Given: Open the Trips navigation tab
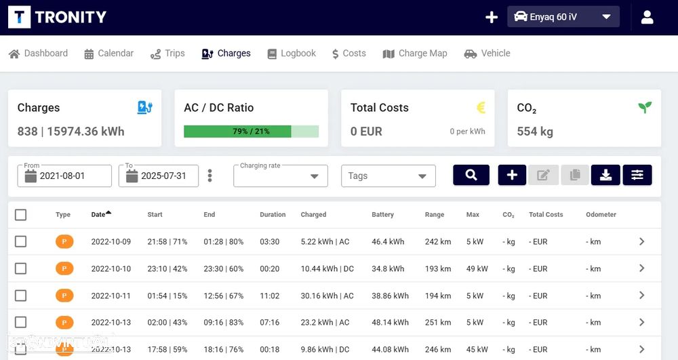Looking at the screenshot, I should (166, 54).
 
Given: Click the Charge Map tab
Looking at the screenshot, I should (415, 54).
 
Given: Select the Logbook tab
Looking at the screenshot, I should (292, 54).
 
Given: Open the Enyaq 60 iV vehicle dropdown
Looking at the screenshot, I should (563, 17).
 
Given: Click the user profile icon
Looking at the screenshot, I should (647, 17).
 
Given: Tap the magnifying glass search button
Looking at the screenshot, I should (471, 175).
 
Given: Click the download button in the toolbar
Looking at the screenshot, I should (605, 175).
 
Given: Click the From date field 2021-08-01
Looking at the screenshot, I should (64, 176).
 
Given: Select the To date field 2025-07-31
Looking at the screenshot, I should (159, 176).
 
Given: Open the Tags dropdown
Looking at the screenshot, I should (388, 176).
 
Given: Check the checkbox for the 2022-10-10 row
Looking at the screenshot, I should (21, 268).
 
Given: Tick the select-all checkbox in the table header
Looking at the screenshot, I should (21, 215).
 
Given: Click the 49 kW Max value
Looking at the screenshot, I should (477, 268).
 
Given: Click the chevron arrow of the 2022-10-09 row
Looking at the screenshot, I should (641, 241).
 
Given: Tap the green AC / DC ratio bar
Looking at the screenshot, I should (237, 132).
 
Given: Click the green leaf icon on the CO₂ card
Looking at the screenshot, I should (644, 107).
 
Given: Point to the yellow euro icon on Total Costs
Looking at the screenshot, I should (481, 107).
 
